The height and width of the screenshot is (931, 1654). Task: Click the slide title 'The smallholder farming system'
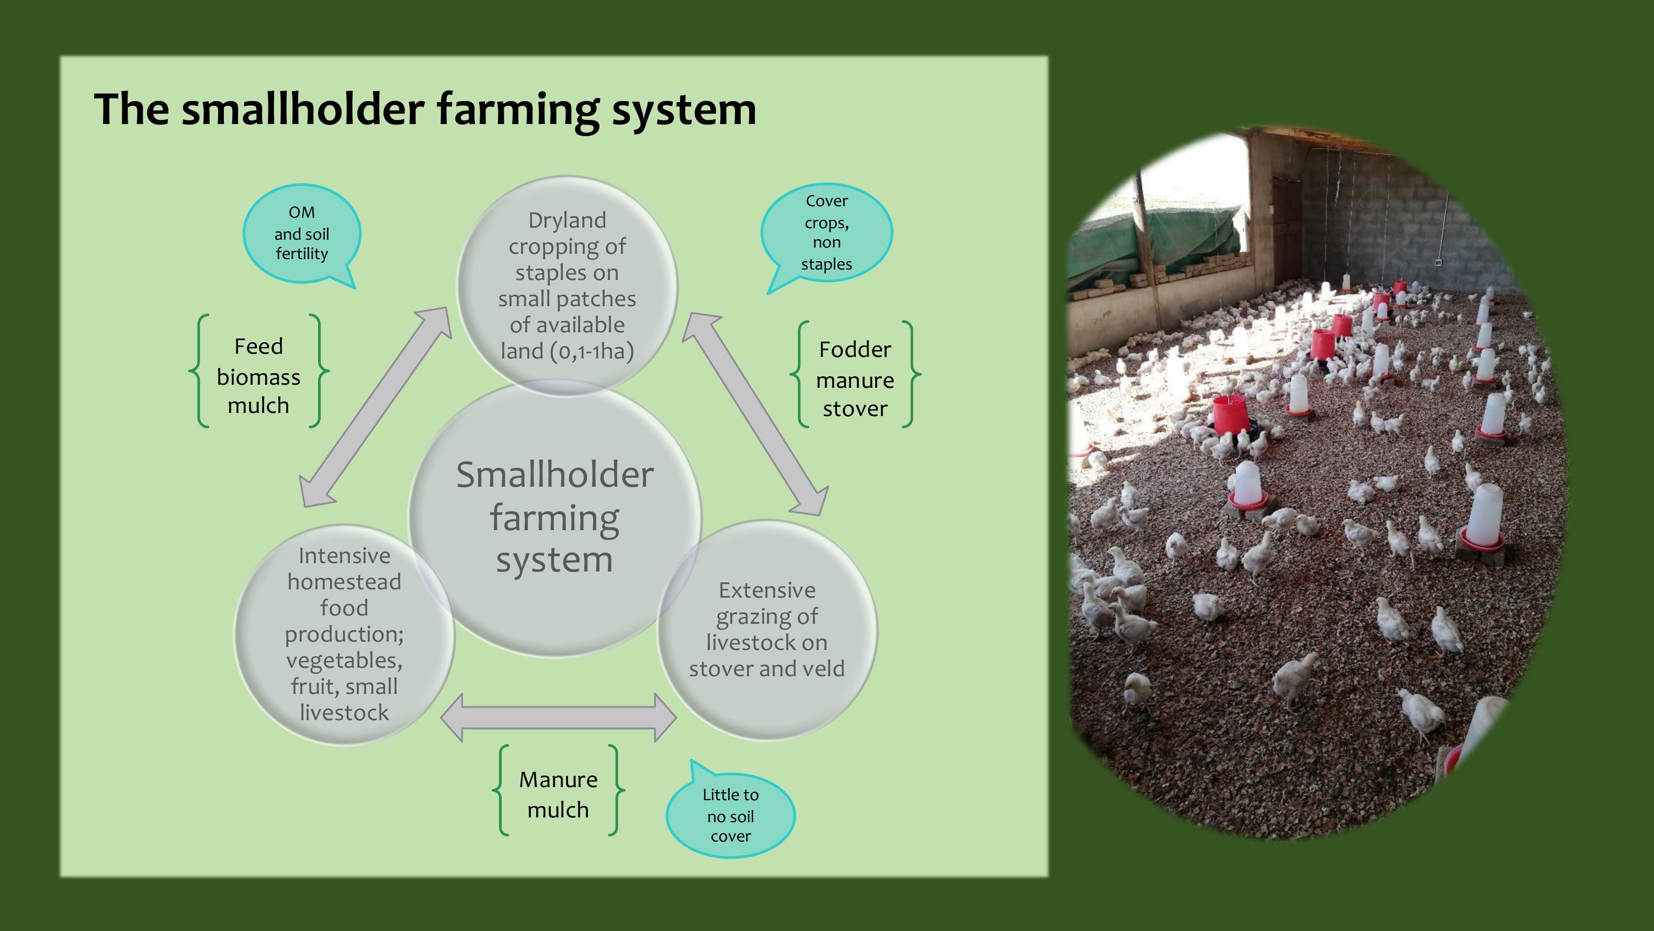click(x=425, y=109)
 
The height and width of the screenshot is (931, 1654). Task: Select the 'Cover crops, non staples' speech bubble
click(x=826, y=232)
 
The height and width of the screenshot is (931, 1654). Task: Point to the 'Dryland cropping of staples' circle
click(x=567, y=286)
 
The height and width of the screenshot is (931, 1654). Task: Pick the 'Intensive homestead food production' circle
click(x=344, y=634)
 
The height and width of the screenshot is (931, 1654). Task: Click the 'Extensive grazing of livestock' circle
click(x=767, y=630)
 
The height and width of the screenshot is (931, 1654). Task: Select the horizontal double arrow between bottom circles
click(x=559, y=717)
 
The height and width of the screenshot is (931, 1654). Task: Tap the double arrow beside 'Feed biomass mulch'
click(x=376, y=406)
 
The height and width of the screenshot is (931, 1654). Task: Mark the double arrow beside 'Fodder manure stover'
click(x=755, y=414)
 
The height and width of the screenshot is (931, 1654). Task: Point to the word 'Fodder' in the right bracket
click(x=855, y=350)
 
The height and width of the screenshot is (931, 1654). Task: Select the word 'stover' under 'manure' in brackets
click(x=855, y=409)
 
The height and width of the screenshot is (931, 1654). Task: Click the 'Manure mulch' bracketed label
click(x=558, y=794)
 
